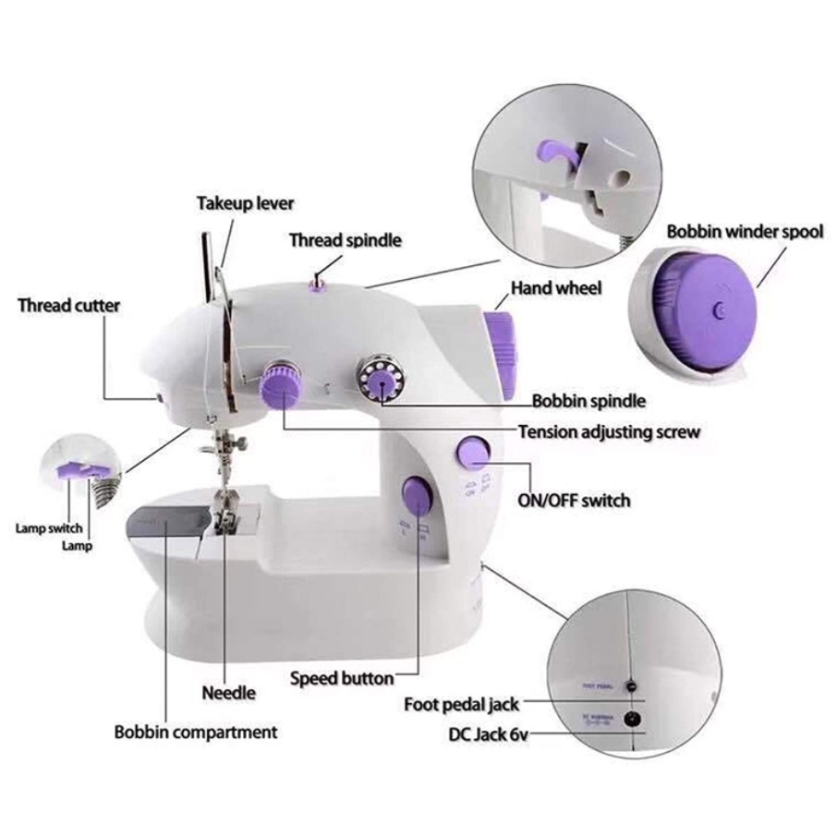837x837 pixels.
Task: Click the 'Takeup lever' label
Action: click(245, 203)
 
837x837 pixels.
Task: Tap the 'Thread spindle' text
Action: click(346, 240)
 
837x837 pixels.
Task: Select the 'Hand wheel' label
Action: click(556, 288)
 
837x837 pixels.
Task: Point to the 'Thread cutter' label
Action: click(69, 305)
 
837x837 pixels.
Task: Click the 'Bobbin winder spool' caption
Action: click(745, 231)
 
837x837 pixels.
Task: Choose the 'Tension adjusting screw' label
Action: click(609, 431)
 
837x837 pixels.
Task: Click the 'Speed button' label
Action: click(342, 678)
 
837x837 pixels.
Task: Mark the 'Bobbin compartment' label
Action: click(196, 733)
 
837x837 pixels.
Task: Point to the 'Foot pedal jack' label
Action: click(462, 705)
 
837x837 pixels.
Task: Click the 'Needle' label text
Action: click(229, 692)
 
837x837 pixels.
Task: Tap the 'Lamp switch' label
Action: click(48, 529)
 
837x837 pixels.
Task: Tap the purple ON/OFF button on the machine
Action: click(474, 453)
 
